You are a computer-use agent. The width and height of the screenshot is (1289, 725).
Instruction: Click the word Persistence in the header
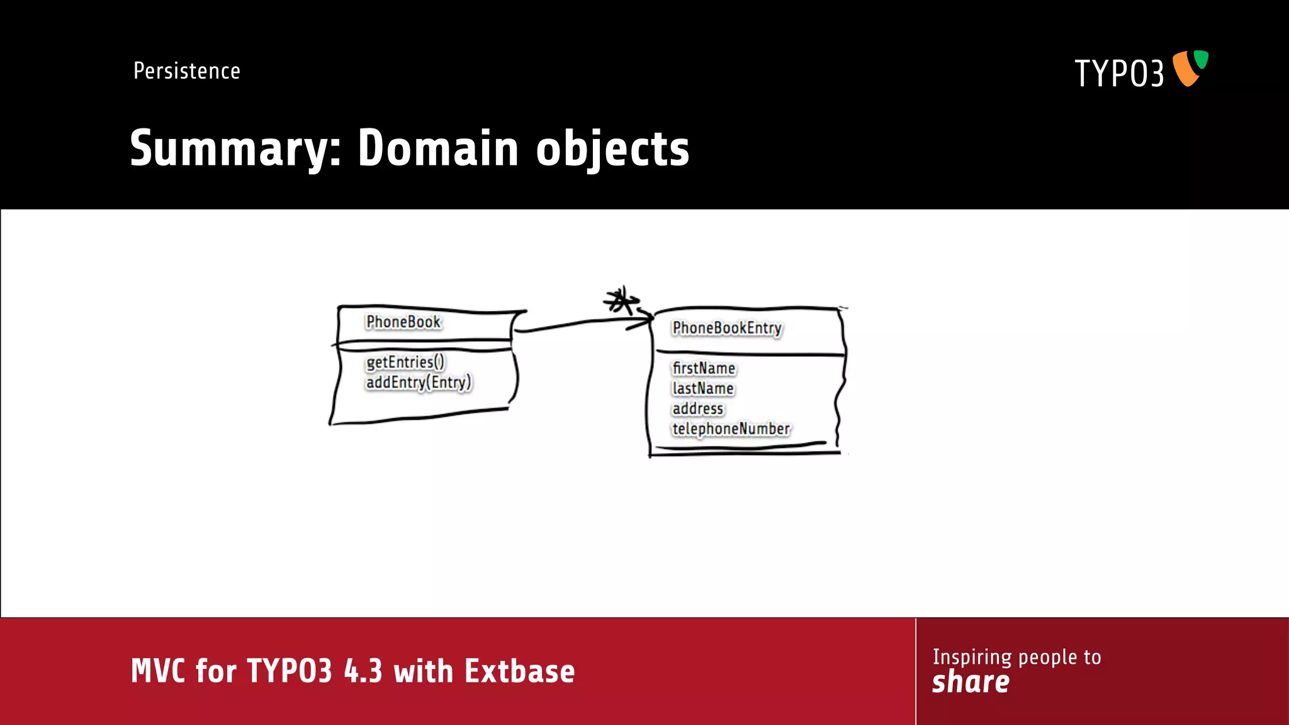[x=187, y=71]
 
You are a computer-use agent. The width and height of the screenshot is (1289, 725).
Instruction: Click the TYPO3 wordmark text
[x=1119, y=74]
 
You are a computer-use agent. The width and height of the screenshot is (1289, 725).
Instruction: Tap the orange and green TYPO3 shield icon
[x=1190, y=68]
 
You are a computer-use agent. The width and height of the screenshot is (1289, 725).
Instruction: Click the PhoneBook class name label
[x=403, y=322]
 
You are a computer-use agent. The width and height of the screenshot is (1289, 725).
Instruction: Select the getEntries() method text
[x=405, y=362]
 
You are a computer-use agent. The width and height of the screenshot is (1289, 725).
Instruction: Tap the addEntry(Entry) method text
[x=419, y=383]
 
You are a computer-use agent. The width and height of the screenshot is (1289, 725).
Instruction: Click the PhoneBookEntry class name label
[x=727, y=329]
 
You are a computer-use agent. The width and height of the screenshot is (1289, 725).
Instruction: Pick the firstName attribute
[x=704, y=369]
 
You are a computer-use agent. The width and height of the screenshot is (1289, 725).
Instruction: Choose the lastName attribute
[x=703, y=389]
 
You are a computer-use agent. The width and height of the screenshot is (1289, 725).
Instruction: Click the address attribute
[x=698, y=409]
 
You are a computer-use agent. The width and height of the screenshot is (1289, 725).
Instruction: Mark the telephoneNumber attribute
[x=731, y=429]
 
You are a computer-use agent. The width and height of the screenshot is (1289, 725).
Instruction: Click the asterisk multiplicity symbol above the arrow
[x=621, y=301]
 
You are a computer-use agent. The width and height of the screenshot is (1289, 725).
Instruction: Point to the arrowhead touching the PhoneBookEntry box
[x=647, y=320]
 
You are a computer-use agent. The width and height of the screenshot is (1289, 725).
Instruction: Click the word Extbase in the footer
[x=520, y=672]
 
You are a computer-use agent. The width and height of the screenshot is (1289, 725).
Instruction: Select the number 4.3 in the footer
[x=363, y=672]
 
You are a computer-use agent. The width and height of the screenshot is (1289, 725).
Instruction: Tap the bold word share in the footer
[x=971, y=682]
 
